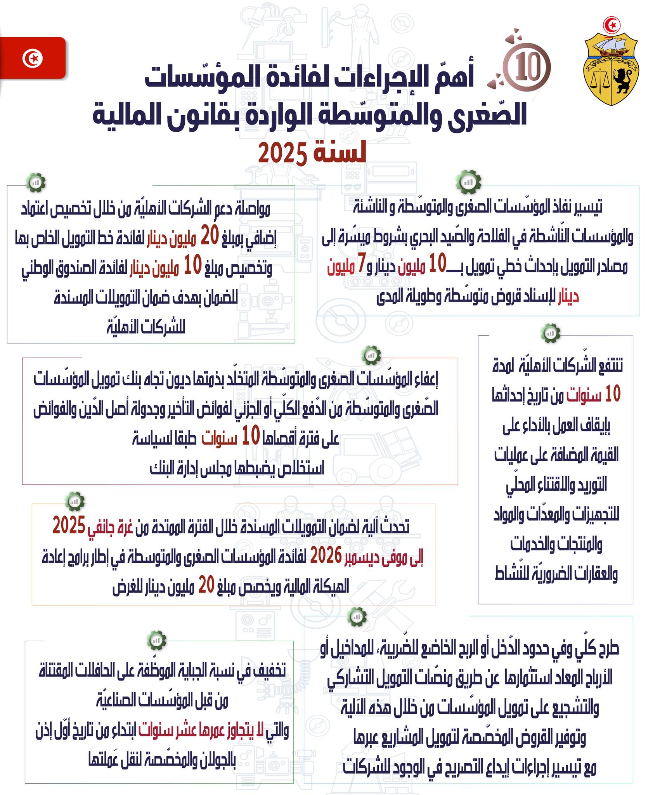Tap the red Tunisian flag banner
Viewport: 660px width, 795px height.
point(33,59)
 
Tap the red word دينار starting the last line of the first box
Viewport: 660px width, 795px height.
point(568,297)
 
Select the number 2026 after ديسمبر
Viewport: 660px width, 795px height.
point(326,556)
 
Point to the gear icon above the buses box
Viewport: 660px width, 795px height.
point(157,640)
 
